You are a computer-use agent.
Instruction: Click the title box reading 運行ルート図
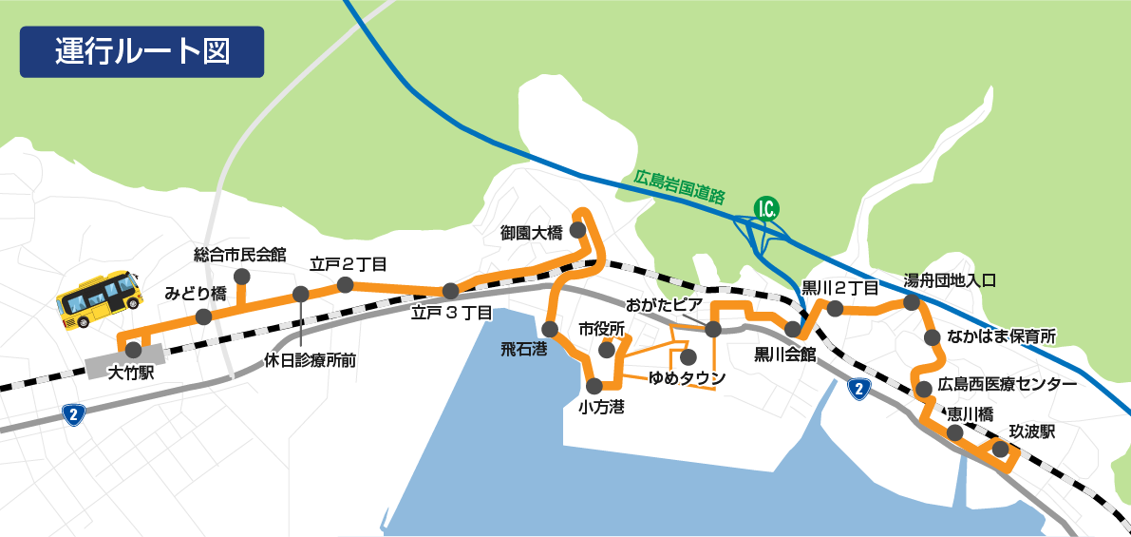(x=141, y=51)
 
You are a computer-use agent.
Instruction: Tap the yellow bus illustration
(x=99, y=298)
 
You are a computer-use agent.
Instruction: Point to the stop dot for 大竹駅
(x=133, y=350)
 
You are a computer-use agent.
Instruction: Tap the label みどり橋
(x=196, y=293)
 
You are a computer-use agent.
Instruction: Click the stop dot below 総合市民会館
(x=241, y=277)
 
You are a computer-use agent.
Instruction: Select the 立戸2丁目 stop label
(x=348, y=263)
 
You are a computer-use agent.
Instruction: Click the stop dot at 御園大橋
(x=577, y=229)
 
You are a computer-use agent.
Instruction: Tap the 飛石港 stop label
(x=524, y=349)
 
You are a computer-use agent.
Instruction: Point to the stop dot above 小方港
(x=595, y=385)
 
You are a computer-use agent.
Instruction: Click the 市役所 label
(x=602, y=329)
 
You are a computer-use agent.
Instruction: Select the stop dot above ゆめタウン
(x=688, y=357)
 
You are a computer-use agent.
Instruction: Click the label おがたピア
(x=663, y=305)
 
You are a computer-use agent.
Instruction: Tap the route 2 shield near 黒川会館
(x=858, y=388)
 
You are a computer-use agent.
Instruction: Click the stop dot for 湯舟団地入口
(x=911, y=303)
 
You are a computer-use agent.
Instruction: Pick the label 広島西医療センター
(x=1007, y=385)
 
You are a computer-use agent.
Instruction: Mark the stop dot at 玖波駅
(x=1000, y=448)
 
